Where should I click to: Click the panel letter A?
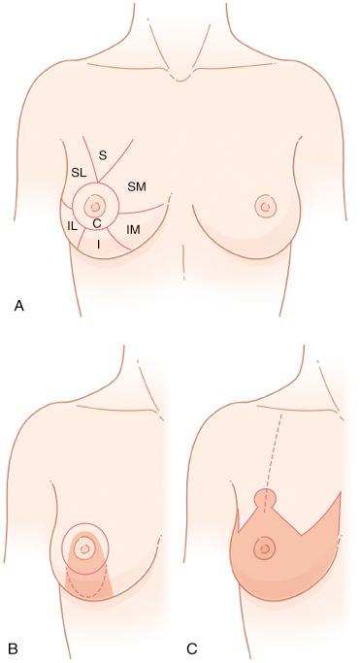[18, 306]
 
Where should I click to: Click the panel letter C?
[191, 646]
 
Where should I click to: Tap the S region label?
[103, 153]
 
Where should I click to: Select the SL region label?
[79, 173]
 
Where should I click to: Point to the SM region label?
[137, 185]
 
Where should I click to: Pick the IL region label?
[72, 225]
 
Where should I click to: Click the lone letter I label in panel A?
[98, 244]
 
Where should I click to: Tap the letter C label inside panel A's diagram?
[96, 223]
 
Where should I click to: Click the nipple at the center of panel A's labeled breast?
[95, 206]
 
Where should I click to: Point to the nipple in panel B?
[85, 548]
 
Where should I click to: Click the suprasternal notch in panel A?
[180, 76]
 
